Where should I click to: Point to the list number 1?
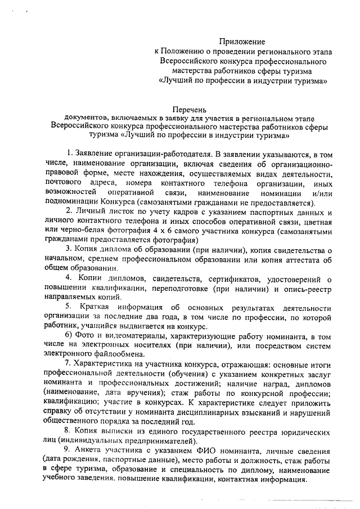(69, 153)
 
